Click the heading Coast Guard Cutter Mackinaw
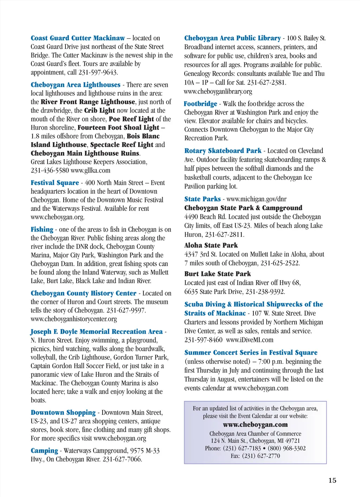click(x=78, y=38)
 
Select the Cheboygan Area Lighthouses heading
click(x=76, y=85)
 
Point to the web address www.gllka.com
click(x=90, y=170)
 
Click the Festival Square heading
click(x=55, y=183)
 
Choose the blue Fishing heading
click(x=42, y=230)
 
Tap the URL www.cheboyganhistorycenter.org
click(x=74, y=319)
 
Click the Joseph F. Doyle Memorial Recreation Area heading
click(x=97, y=331)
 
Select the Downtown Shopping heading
click(x=63, y=413)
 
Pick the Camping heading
click(x=44, y=451)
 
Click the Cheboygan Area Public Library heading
click(x=232, y=38)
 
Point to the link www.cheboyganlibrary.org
click(x=218, y=92)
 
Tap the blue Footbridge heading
click(x=200, y=104)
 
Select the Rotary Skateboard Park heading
click(x=223, y=151)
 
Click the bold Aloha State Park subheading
click(x=211, y=245)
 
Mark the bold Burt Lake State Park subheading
click(x=218, y=274)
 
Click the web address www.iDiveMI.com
click(x=250, y=340)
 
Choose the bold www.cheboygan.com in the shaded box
click(x=255, y=425)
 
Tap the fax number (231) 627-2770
click(x=261, y=456)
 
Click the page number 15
click(x=332, y=480)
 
